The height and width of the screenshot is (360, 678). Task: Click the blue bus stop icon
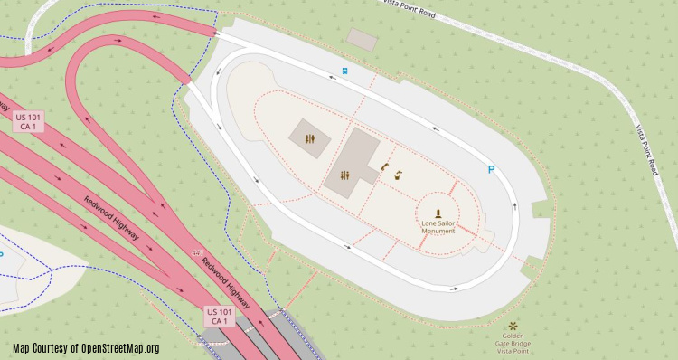344,70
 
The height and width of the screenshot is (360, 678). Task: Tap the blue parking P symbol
491,169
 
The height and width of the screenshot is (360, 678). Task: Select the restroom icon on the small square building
310,139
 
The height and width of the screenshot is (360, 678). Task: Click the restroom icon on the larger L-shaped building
344,175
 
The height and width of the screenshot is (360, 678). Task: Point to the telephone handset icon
384,166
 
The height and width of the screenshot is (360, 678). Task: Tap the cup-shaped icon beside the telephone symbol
397,176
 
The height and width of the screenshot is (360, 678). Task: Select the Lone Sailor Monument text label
438,226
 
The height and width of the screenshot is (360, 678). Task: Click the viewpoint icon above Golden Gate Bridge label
513,326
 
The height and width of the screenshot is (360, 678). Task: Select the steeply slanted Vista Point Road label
645,149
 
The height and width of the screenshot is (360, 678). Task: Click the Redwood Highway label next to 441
225,279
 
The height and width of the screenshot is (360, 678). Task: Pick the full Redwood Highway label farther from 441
112,218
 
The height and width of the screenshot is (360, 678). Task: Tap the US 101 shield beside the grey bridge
220,317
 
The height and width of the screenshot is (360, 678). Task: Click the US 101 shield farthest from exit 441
26,121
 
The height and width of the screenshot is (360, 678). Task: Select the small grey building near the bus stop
363,40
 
